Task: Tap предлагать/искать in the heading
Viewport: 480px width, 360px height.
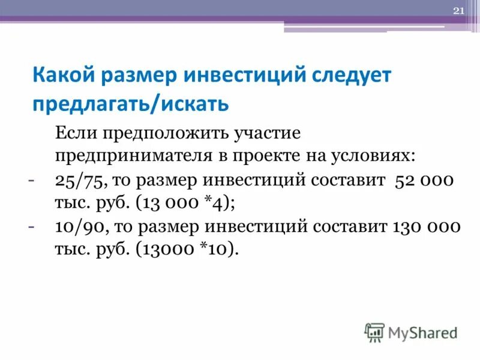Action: click(x=130, y=104)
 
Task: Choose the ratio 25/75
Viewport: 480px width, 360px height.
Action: click(x=76, y=181)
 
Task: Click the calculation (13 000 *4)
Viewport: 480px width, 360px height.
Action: click(x=185, y=203)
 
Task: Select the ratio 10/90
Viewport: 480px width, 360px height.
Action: click(x=76, y=227)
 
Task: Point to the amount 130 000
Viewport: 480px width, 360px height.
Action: click(x=426, y=227)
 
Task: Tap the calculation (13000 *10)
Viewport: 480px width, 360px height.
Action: click(x=188, y=250)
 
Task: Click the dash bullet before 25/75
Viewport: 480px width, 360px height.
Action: click(x=31, y=179)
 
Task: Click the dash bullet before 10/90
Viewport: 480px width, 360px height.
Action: click(x=31, y=226)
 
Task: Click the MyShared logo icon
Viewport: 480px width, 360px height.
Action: click(x=374, y=331)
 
